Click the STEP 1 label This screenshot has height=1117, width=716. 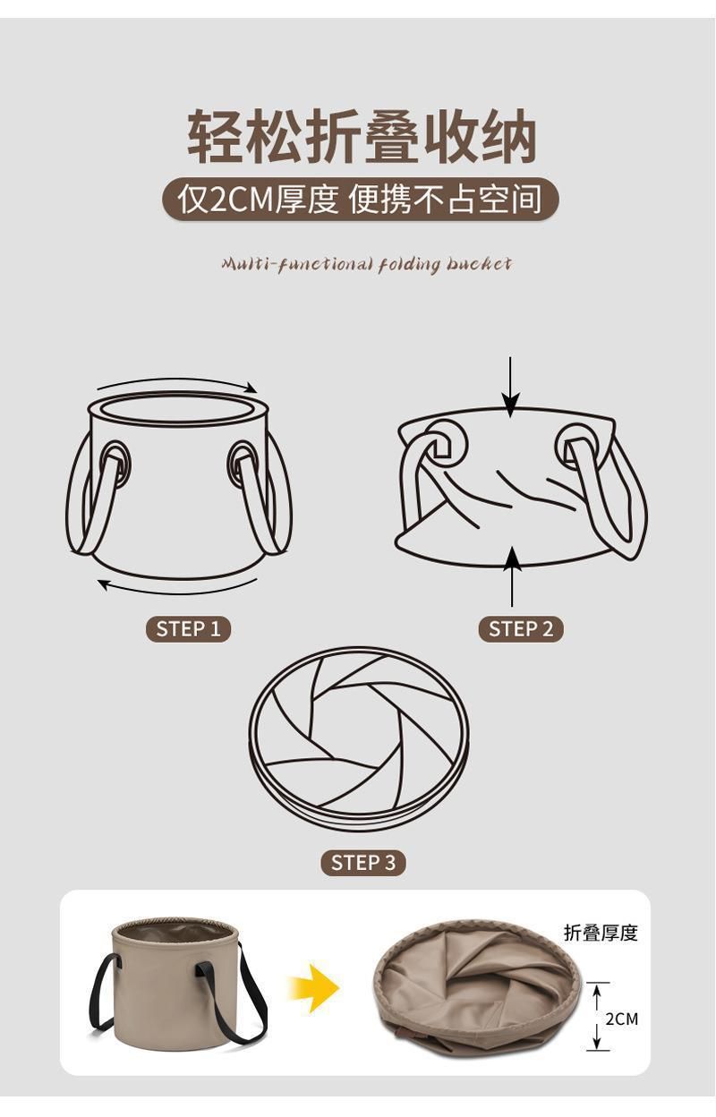pos(188,629)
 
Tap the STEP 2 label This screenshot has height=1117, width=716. pos(521,629)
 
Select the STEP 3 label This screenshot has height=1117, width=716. pos(363,862)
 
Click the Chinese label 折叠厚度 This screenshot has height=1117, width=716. pos(601,933)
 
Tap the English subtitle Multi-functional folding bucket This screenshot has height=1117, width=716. pos(366,264)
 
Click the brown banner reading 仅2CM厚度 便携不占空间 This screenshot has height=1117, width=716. pos(360,199)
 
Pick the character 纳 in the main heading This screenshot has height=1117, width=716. pos(509,136)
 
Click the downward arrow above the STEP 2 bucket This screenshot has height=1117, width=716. pos(510,387)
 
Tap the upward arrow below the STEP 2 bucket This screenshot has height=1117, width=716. pos(512,577)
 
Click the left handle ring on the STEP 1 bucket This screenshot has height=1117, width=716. pos(115,464)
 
